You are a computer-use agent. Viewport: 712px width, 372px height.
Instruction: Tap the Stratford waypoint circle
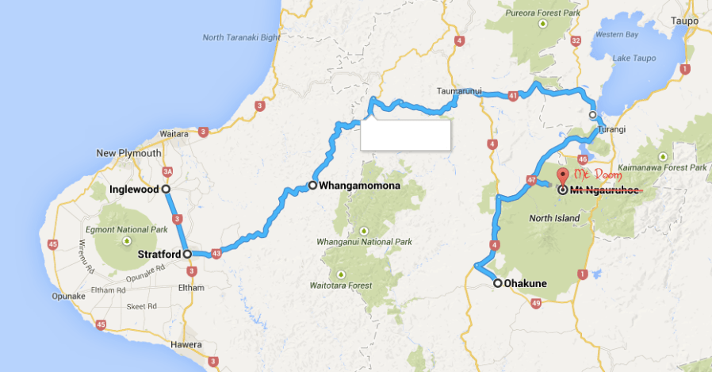click(187, 255)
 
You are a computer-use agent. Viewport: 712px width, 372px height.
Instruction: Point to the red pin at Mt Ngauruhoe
click(562, 176)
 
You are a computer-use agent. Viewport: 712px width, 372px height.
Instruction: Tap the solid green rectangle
click(405, 135)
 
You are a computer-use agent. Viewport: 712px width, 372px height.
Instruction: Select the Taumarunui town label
click(459, 90)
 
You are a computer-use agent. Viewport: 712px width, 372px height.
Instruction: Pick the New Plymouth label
click(128, 153)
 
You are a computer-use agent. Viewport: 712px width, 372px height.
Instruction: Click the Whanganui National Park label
click(365, 241)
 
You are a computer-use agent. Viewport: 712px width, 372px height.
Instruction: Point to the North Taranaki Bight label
click(241, 37)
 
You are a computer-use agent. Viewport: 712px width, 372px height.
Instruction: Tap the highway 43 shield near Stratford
click(216, 254)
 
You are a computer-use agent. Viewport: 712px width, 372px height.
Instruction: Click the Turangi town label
click(611, 129)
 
